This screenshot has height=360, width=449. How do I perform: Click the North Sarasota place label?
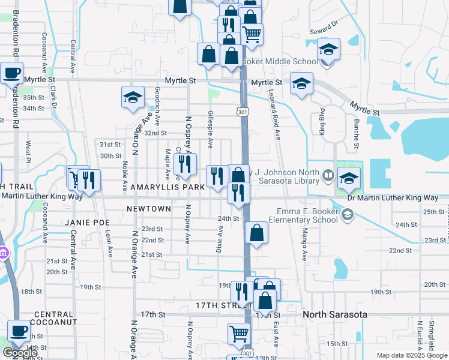pos(337,314)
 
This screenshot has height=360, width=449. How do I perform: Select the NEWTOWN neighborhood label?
pos(149,208)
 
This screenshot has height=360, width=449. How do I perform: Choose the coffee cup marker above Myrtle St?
pos(11,73)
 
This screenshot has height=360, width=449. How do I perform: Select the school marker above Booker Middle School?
pos(328,49)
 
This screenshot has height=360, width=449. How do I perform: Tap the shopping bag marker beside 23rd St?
pos(256,233)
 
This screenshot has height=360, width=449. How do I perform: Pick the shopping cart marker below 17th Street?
pos(240,334)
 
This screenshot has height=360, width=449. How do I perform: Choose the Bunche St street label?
pos(356,133)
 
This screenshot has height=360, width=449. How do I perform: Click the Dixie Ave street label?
pos(220,238)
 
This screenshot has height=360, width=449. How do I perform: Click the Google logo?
pos(20,353)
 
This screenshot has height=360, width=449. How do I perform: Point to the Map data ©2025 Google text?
pos(412,355)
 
